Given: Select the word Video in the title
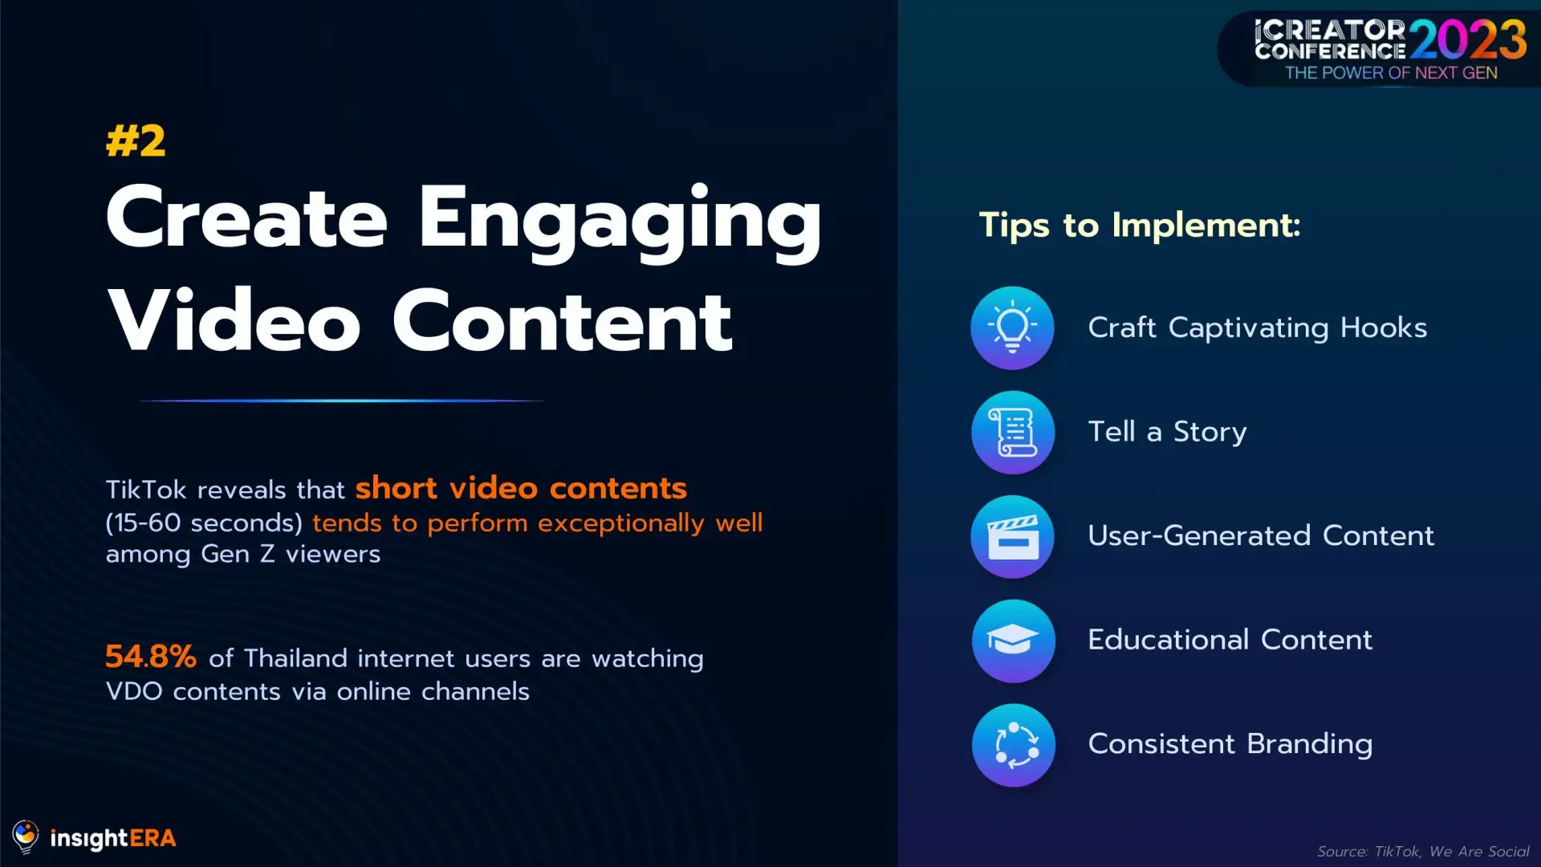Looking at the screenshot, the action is coord(234,321).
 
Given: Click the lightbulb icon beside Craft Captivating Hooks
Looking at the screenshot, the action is coord(1012,328).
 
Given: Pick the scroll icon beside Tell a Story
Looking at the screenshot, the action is coord(1012,432).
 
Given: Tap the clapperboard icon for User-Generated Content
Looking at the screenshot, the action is coord(1012,536).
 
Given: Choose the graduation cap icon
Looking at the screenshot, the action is coord(1012,641).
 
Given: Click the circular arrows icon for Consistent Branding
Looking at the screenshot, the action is coord(1012,745).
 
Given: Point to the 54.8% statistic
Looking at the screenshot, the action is coord(151,657).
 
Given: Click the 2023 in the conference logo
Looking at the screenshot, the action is coord(1468,40).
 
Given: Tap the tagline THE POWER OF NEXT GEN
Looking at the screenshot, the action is coord(1391,73).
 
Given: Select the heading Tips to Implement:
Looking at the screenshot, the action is coord(1140,226).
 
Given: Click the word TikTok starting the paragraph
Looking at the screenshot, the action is coord(146,490).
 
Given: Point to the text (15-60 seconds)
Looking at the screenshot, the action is coord(204,523).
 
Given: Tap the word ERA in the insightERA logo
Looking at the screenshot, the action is coord(152,838).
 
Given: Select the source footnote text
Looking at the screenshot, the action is coord(1423,851).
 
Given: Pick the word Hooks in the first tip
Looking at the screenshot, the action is coord(1384,328).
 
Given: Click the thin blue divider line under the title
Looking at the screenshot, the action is coord(342,400).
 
